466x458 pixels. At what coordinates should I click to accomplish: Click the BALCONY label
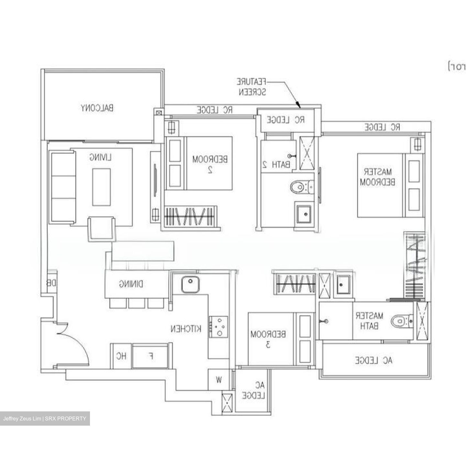[97, 108]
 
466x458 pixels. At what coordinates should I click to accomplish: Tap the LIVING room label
[101, 158]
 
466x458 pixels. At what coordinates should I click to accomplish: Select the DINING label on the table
[131, 284]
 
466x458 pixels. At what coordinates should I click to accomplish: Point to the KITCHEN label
[186, 329]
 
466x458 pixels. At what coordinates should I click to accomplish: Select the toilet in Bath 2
[301, 187]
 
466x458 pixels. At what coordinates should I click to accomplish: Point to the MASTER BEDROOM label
[377, 177]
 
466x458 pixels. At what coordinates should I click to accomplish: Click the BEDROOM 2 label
[210, 164]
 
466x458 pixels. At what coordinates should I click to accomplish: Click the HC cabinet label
[121, 356]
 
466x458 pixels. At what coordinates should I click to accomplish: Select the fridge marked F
[151, 356]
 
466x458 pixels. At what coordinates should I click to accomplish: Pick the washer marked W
[219, 380]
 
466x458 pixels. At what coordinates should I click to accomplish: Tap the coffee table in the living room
[102, 187]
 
